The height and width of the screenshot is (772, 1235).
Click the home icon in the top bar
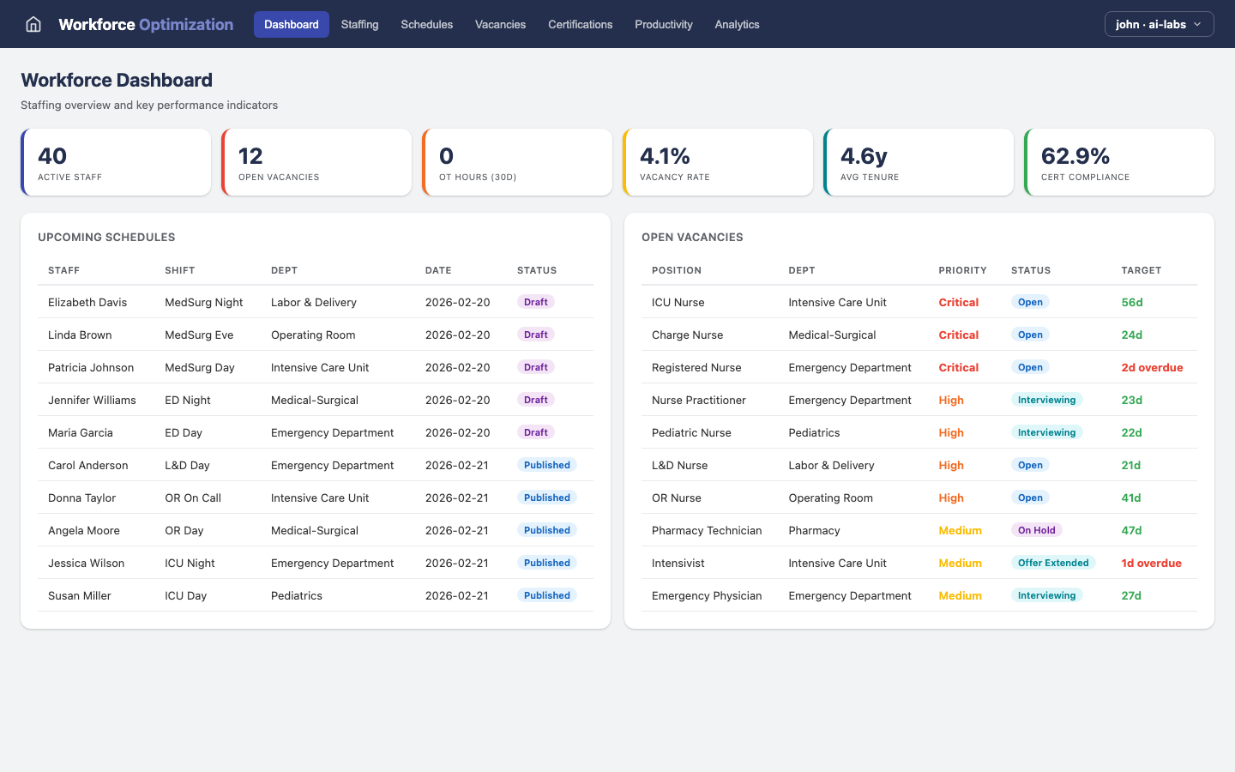pos(33,24)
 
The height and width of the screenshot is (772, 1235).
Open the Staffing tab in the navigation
pos(359,24)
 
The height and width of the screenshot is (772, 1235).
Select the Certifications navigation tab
pos(580,24)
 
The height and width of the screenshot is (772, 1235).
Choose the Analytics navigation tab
pos(737,24)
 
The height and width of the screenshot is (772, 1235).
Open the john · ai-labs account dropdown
pos(1159,24)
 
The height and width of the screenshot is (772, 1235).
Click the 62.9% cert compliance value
pos(1075,156)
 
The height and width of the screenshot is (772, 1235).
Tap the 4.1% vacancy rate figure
pos(665,156)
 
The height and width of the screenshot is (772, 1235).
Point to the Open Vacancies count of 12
pos(250,156)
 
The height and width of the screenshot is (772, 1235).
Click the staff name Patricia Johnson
pos(91,367)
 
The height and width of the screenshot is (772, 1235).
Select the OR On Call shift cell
pos(193,498)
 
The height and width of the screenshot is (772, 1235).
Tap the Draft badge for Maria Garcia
pos(535,432)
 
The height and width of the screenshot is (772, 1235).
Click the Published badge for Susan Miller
pos(546,595)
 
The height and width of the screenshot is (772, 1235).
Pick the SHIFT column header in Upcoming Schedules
pos(179,270)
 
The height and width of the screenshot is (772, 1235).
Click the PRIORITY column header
pos(962,270)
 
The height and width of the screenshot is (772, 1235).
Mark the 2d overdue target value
pos(1152,367)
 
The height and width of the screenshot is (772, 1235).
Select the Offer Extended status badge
pos(1052,563)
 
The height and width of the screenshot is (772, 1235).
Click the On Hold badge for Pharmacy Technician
pos(1036,530)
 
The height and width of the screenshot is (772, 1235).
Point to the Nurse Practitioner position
pos(698,400)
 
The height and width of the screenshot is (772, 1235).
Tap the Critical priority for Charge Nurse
pos(958,335)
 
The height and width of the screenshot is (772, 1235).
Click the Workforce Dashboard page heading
pos(117,80)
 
